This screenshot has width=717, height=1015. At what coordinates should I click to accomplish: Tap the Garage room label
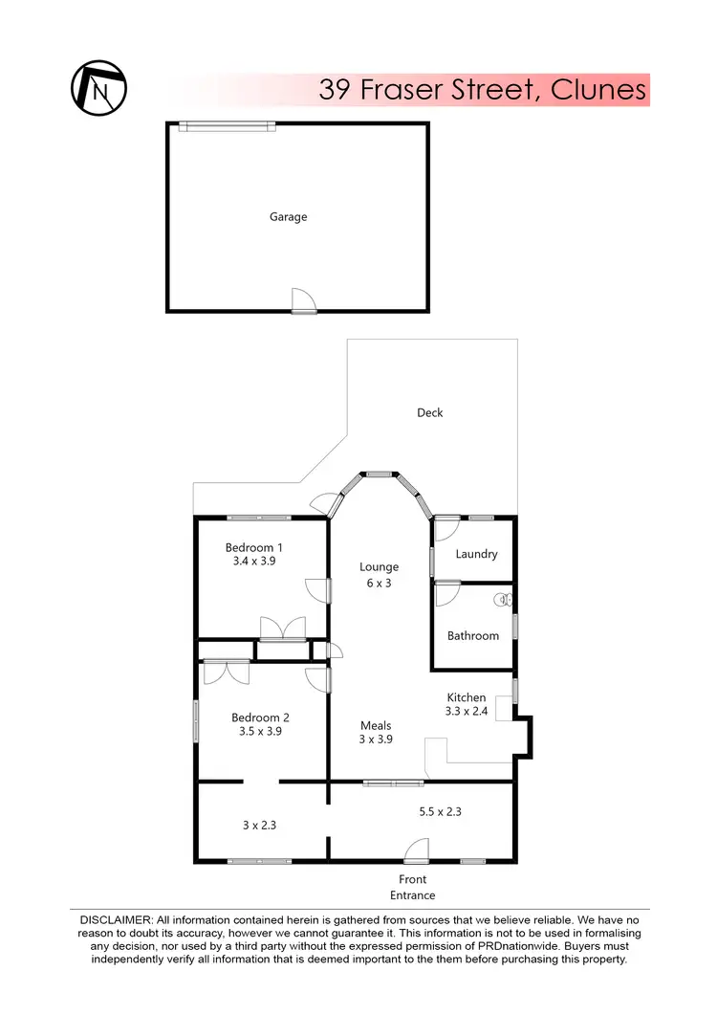coord(288,217)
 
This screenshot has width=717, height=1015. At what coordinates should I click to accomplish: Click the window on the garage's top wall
coord(228,124)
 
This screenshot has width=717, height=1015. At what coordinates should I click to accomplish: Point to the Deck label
coord(430,413)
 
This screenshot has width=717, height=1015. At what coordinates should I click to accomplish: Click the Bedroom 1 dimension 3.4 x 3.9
coord(253,563)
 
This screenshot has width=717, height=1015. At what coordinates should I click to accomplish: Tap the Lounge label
coord(380,567)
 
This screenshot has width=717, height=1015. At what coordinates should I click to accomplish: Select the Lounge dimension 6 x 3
coord(380,583)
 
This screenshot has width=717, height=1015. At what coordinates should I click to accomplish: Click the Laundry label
coord(476,554)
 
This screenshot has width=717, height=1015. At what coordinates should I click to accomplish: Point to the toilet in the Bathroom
coord(502,601)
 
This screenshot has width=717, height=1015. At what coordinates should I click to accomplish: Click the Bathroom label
coord(473,635)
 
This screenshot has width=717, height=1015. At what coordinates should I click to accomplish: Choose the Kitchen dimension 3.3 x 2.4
coord(467,712)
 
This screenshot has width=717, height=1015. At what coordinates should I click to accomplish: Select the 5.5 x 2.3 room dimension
coord(442,811)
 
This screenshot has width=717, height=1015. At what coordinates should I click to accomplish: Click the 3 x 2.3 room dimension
coord(260,823)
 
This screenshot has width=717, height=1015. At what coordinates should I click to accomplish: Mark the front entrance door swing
coord(417,850)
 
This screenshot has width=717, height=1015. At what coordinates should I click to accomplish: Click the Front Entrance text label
coord(413,887)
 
